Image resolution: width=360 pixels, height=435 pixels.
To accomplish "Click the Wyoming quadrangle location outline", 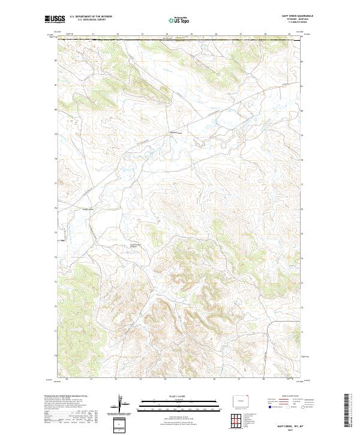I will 238,398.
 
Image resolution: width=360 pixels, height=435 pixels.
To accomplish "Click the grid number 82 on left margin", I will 56,61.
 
